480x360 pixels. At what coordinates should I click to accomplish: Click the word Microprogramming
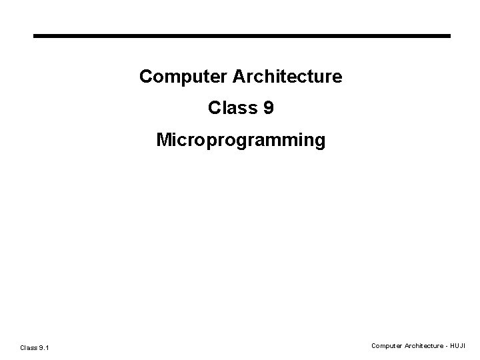pyautogui.click(x=241, y=141)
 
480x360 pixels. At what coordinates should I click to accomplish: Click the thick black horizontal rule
pyautogui.click(x=242, y=35)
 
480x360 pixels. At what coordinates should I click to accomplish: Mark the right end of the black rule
pyautogui.click(x=449, y=35)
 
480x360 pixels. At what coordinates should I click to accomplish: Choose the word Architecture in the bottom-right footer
pyautogui.click(x=423, y=346)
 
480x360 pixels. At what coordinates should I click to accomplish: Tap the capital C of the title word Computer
pyautogui.click(x=145, y=77)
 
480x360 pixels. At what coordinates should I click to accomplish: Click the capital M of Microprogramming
pyautogui.click(x=163, y=141)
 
